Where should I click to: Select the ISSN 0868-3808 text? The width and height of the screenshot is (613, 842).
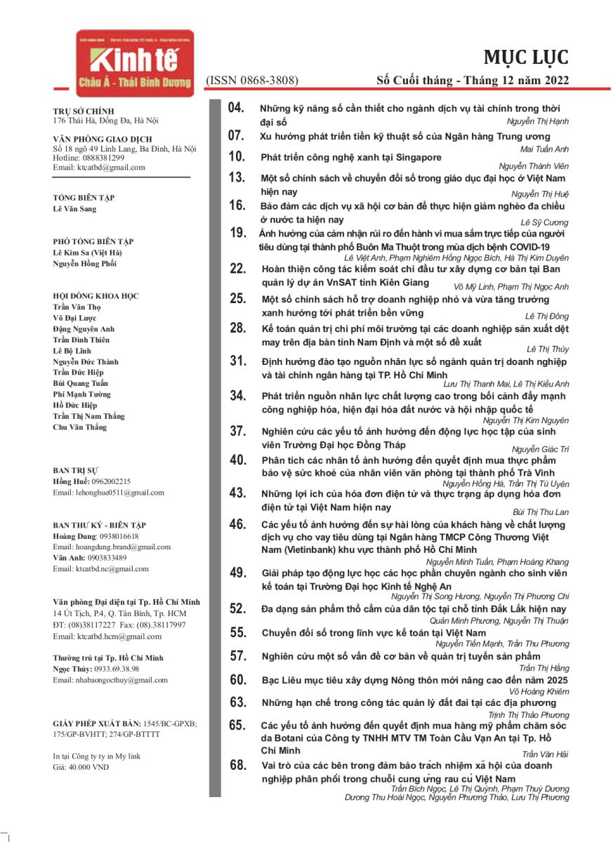click(251, 81)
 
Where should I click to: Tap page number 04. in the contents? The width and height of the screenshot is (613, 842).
click(237, 108)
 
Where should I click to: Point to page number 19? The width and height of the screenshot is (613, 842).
click(237, 233)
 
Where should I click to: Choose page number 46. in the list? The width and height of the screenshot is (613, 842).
click(237, 524)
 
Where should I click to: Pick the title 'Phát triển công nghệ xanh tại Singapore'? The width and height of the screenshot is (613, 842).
click(351, 157)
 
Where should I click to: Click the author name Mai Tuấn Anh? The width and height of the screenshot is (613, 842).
click(544, 149)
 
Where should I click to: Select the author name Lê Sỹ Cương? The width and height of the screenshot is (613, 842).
click(546, 221)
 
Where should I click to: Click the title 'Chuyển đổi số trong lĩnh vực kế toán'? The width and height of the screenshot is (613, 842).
click(374, 633)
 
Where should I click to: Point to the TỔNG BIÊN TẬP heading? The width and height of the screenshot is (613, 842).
click(84, 198)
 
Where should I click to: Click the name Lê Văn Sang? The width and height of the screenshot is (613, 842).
click(75, 209)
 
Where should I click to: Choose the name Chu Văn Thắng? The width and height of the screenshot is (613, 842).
click(80, 427)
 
